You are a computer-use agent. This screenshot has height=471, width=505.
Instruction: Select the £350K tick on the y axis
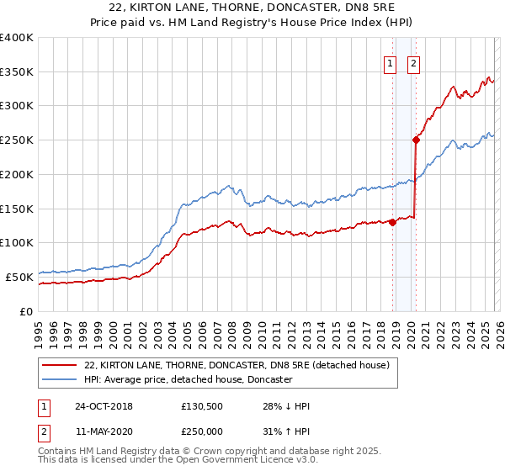click(17, 72)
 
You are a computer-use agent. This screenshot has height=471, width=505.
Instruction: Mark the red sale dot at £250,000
click(416, 140)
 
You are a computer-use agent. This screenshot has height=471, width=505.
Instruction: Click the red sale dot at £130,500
click(392, 222)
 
